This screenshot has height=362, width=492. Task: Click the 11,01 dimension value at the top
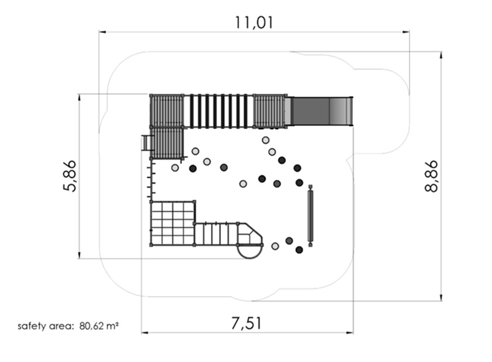click(x=254, y=22)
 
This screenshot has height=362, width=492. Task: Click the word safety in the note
click(x=31, y=326)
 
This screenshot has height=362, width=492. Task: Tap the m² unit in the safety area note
click(x=113, y=326)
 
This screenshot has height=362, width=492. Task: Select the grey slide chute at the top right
click(x=321, y=111)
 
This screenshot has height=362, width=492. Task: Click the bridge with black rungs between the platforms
click(x=218, y=111)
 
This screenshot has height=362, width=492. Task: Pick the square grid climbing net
click(x=173, y=223)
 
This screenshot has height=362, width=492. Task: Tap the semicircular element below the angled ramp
click(x=250, y=251)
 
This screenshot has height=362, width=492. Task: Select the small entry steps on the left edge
click(x=146, y=143)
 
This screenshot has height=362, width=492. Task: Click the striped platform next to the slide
click(x=269, y=111)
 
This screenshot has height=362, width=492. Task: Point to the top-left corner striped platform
click(x=167, y=111)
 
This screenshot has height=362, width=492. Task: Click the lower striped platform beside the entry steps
click(x=168, y=143)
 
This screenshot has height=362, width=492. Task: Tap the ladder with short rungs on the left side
click(x=150, y=178)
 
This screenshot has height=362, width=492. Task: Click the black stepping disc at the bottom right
click(x=299, y=250)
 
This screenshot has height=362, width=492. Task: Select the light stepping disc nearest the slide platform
click(x=265, y=140)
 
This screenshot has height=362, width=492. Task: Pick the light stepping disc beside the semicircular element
click(x=275, y=246)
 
